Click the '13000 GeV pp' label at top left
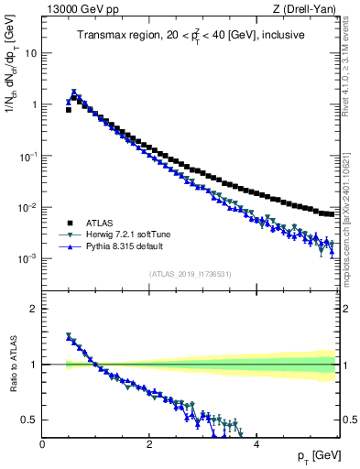tap(75, 9)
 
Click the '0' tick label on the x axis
tap(42, 443)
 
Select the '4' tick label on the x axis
tap(256, 443)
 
